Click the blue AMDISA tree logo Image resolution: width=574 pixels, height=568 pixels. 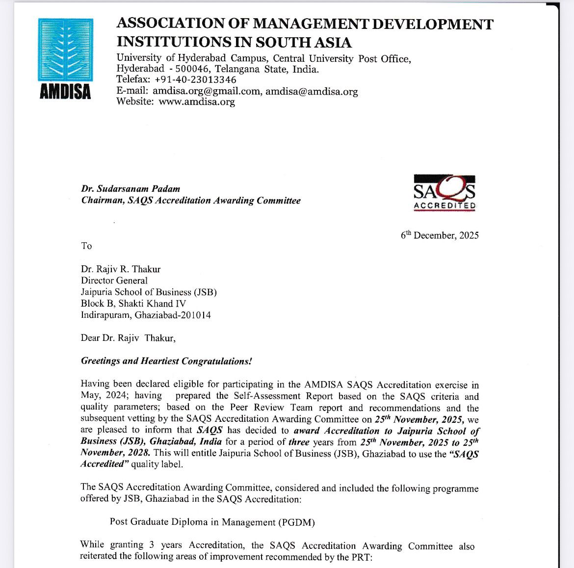(x=65, y=50)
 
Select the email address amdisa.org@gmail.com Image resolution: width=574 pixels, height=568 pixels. (x=207, y=91)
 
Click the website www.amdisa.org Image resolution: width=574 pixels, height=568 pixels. (x=196, y=102)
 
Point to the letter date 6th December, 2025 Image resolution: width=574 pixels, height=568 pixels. (x=440, y=235)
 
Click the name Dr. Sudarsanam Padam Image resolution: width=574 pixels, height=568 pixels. (x=130, y=189)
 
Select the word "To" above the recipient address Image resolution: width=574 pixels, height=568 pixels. (x=86, y=246)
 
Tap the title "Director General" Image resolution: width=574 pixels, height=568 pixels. (x=114, y=281)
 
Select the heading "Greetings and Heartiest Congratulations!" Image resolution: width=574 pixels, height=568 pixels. (x=166, y=361)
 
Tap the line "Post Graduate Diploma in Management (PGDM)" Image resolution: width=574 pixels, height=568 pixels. (x=212, y=522)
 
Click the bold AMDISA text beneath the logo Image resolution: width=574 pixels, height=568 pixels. (x=65, y=92)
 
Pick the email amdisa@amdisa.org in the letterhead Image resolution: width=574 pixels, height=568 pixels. (x=312, y=91)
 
